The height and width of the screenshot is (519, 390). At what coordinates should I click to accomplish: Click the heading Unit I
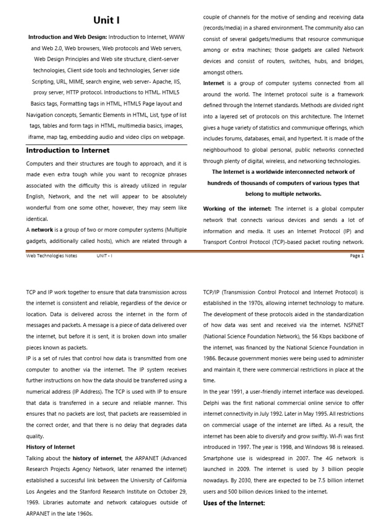click(x=107, y=20)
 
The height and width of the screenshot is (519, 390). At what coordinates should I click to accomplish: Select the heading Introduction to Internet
click(x=68, y=151)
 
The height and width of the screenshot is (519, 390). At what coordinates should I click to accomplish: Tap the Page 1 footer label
click(x=357, y=256)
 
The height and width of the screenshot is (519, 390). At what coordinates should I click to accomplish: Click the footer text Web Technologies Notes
click(x=52, y=256)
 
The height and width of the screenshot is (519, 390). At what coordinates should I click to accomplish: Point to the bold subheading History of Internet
click(x=50, y=447)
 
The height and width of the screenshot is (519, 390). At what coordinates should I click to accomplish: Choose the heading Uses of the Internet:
click(x=234, y=503)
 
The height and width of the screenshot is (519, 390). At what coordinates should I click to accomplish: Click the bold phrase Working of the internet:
click(x=237, y=209)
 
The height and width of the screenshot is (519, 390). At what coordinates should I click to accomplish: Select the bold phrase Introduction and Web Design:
click(x=68, y=37)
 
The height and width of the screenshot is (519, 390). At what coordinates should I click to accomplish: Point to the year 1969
click(x=35, y=503)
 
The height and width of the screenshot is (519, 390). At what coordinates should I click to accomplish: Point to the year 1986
click(x=212, y=359)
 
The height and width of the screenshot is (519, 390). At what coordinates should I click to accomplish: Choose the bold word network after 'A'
click(x=42, y=230)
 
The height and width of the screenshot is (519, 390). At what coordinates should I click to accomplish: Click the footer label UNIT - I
click(x=104, y=256)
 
